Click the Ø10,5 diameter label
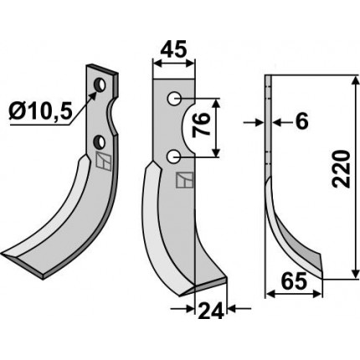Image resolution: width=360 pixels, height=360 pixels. (x=40, y=111)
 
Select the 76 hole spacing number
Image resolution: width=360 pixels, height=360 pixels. (x=201, y=124)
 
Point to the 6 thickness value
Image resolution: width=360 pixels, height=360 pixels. (x=301, y=121)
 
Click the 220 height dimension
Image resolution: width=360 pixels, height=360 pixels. (x=341, y=169)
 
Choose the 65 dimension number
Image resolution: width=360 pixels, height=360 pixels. (x=295, y=281)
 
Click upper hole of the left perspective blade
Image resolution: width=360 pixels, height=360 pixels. (x=100, y=85)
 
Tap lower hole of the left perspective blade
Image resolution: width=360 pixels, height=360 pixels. (x=99, y=141)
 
